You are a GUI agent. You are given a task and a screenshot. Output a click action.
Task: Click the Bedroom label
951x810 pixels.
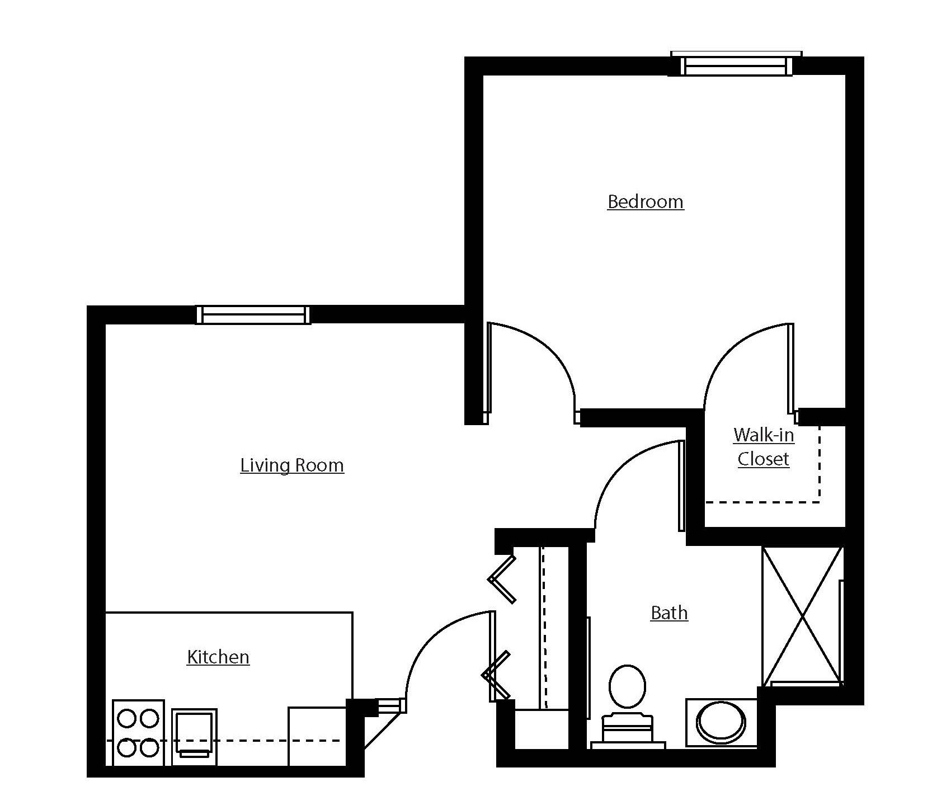point(645,201)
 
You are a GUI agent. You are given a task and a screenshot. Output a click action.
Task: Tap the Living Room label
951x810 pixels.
point(292,465)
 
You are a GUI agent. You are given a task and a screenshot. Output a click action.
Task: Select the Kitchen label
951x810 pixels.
point(218,657)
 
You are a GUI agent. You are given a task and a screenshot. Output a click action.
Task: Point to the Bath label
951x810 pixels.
point(669,613)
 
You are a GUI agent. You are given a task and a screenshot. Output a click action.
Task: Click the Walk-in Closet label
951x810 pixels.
point(764,447)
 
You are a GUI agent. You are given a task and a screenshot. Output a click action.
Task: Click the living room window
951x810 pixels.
point(253,315)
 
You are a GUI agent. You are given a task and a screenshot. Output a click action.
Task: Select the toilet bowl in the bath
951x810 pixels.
point(627,686)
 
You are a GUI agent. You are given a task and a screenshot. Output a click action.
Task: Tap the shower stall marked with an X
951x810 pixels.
point(802,615)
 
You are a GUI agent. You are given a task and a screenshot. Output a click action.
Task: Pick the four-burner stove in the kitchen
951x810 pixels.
point(138,732)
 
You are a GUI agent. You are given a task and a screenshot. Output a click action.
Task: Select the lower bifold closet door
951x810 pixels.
point(497,676)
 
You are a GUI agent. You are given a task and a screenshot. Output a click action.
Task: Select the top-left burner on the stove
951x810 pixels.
point(127,718)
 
